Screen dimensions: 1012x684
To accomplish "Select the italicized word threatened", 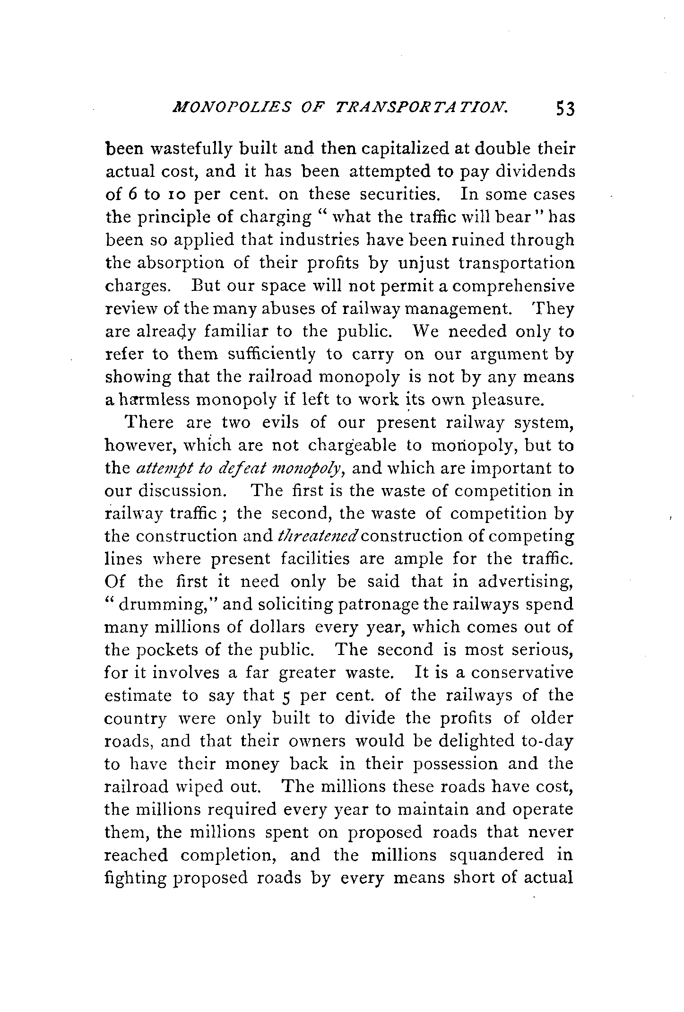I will pos(320,537).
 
